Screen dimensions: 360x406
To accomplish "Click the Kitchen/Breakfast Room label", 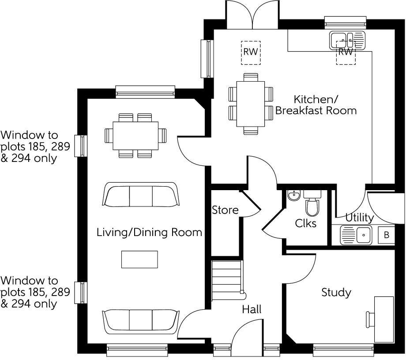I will (316, 105).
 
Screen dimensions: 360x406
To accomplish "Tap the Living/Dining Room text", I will (149, 232).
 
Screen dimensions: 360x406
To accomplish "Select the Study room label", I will (336, 292).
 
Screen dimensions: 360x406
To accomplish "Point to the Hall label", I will (252, 309).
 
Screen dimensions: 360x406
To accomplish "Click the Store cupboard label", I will (225, 210).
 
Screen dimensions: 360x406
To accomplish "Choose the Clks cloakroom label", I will (306, 223).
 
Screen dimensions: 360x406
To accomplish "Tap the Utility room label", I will (359, 217).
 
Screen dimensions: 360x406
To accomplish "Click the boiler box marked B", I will (387, 235).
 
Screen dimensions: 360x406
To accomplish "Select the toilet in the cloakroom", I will (312, 205).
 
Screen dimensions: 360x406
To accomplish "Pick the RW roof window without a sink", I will (251, 51).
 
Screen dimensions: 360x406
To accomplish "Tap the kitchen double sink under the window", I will (347, 40).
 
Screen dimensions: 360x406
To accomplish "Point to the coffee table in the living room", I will (139, 259).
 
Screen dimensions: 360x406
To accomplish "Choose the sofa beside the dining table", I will (141, 194).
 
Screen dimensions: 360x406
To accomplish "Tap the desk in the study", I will (384, 319).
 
